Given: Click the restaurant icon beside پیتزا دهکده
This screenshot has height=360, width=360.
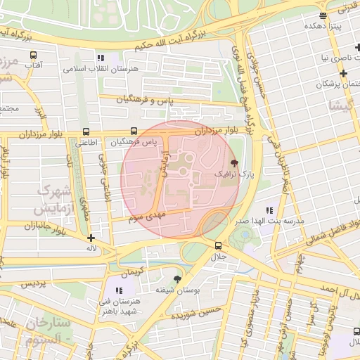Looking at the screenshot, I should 323,15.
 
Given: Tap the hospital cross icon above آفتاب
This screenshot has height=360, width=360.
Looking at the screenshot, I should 33,54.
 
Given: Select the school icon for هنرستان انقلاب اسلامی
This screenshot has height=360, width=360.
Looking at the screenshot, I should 101,58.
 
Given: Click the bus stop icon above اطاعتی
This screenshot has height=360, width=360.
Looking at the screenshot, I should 86,131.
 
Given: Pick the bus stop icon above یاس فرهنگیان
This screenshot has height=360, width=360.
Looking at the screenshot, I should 134,131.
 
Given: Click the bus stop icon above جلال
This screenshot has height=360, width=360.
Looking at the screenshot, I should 218,245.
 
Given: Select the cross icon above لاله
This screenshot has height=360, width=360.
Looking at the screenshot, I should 91,238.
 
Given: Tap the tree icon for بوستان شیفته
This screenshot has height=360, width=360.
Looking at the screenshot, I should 176,279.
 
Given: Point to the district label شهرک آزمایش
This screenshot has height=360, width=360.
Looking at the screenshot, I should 53,200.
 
